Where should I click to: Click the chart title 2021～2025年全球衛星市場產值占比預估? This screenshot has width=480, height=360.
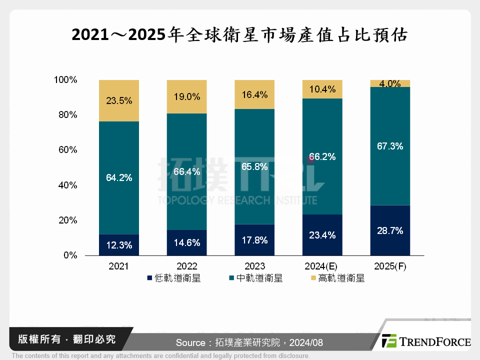pos(240,35)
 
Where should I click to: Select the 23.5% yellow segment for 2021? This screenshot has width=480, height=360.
pos(119,100)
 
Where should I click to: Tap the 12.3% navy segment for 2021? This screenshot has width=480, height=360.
pos(119,245)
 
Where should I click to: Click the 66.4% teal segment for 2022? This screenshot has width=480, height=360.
pos(186,171)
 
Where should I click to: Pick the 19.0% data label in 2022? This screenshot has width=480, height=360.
pos(186,97)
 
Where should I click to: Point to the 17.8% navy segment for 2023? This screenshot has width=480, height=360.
pos(254,240)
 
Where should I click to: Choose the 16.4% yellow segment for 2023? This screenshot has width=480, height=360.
pos(254,94)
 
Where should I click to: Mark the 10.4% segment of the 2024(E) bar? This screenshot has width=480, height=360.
pos(322,89)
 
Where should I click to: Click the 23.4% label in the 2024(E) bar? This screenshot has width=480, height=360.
pos(322,235)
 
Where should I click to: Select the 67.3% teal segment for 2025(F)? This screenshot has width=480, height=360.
pos(390,146)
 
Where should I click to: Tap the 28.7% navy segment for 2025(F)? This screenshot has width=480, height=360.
pos(390,230)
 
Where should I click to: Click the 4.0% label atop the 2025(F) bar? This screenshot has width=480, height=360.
pos(390,84)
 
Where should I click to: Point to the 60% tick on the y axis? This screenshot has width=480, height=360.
pos(66,150)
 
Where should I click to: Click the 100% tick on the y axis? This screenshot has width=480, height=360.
pos(65,80)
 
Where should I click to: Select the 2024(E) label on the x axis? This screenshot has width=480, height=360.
pos(322,266)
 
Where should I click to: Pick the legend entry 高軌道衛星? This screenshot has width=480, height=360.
pos(337,278)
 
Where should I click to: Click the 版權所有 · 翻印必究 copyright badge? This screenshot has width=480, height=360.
pos(66,339)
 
